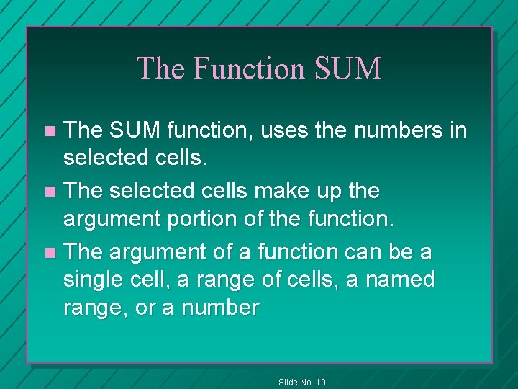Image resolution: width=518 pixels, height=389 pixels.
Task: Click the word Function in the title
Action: [250, 68]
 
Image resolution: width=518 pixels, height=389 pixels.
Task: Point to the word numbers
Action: [391, 130]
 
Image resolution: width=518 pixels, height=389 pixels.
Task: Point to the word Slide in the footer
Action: [288, 382]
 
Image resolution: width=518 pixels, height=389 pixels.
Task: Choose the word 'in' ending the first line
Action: [458, 130]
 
